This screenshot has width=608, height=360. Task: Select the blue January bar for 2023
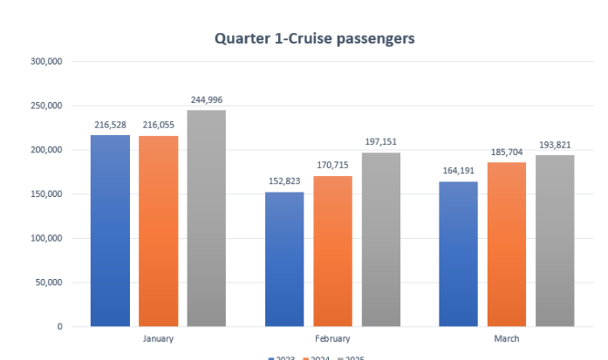[x=110, y=231]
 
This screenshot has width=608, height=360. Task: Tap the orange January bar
[x=158, y=231]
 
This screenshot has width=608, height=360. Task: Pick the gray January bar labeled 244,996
[x=206, y=218]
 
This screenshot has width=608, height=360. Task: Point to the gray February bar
[x=380, y=240]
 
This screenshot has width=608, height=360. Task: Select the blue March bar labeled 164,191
[x=458, y=254]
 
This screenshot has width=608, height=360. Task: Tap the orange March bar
[x=506, y=244]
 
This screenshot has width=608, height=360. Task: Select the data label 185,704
[x=506, y=153]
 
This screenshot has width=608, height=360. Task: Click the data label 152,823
[x=284, y=182]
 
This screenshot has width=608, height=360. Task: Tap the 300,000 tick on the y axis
[x=45, y=62]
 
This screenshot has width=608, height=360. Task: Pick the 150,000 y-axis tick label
[x=45, y=194]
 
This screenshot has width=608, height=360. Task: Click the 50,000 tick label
[x=48, y=282]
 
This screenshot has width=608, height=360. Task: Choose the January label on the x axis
[x=158, y=338]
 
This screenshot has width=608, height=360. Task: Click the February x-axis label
[x=332, y=338]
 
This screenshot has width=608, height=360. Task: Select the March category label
[x=506, y=338]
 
